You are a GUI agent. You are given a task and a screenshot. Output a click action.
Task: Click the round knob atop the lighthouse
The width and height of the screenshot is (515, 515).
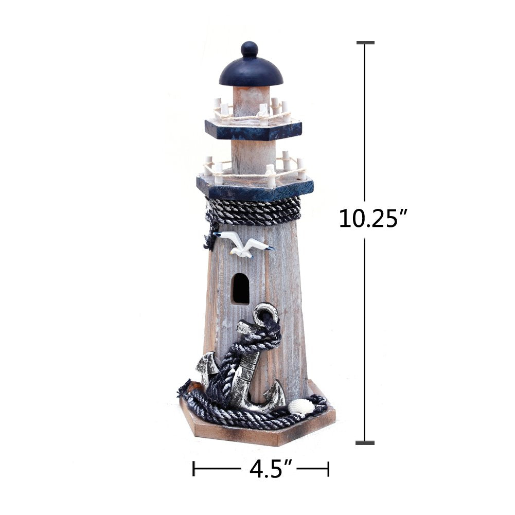pyautogui.click(x=250, y=49)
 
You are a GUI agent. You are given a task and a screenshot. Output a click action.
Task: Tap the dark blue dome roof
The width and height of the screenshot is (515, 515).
pyautogui.click(x=251, y=72)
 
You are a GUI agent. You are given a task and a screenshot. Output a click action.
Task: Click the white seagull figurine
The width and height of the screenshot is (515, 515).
pyautogui.click(x=243, y=243)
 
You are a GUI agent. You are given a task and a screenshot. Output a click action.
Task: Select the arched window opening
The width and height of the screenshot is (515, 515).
pyautogui.click(x=241, y=288)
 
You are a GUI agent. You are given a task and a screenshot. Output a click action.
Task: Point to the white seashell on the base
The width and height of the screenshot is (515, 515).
pyautogui.click(x=300, y=406)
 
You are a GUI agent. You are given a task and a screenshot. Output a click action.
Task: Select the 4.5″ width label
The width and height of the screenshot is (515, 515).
pyautogui.click(x=271, y=469)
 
